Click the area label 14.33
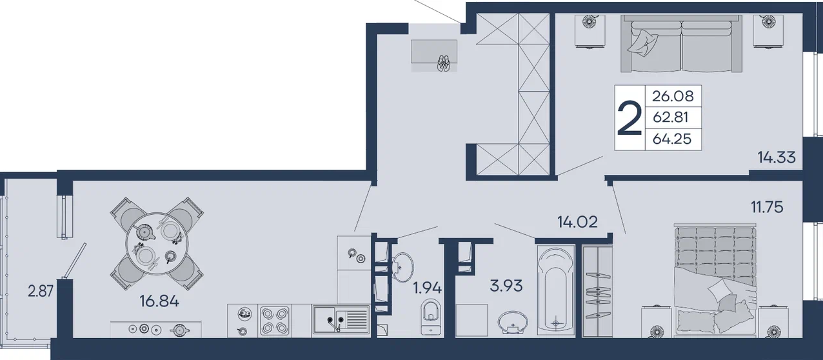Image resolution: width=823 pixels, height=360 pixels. tap(777, 157)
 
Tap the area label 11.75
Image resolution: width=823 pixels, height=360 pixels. tap(766, 207)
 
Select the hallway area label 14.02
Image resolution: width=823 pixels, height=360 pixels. tap(577, 222)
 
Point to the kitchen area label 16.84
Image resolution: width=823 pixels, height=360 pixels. tap(159, 301)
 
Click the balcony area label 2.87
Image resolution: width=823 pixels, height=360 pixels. tap(41, 292)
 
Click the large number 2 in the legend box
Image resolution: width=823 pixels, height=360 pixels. tap(630, 119)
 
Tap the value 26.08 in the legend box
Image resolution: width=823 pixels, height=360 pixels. tap(673, 96)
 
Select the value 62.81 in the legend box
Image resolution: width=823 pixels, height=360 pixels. tap(671, 117)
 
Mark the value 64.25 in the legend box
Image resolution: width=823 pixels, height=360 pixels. tap(672, 139)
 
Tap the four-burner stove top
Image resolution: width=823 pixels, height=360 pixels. tap(275, 320)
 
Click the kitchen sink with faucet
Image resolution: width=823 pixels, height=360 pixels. tap(341, 321)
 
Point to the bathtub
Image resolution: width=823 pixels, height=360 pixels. tap(555, 290)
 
